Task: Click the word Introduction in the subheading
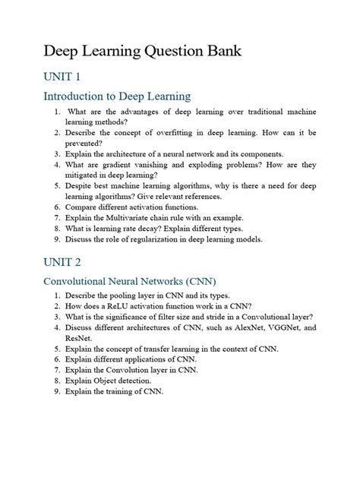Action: click(x=77, y=96)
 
